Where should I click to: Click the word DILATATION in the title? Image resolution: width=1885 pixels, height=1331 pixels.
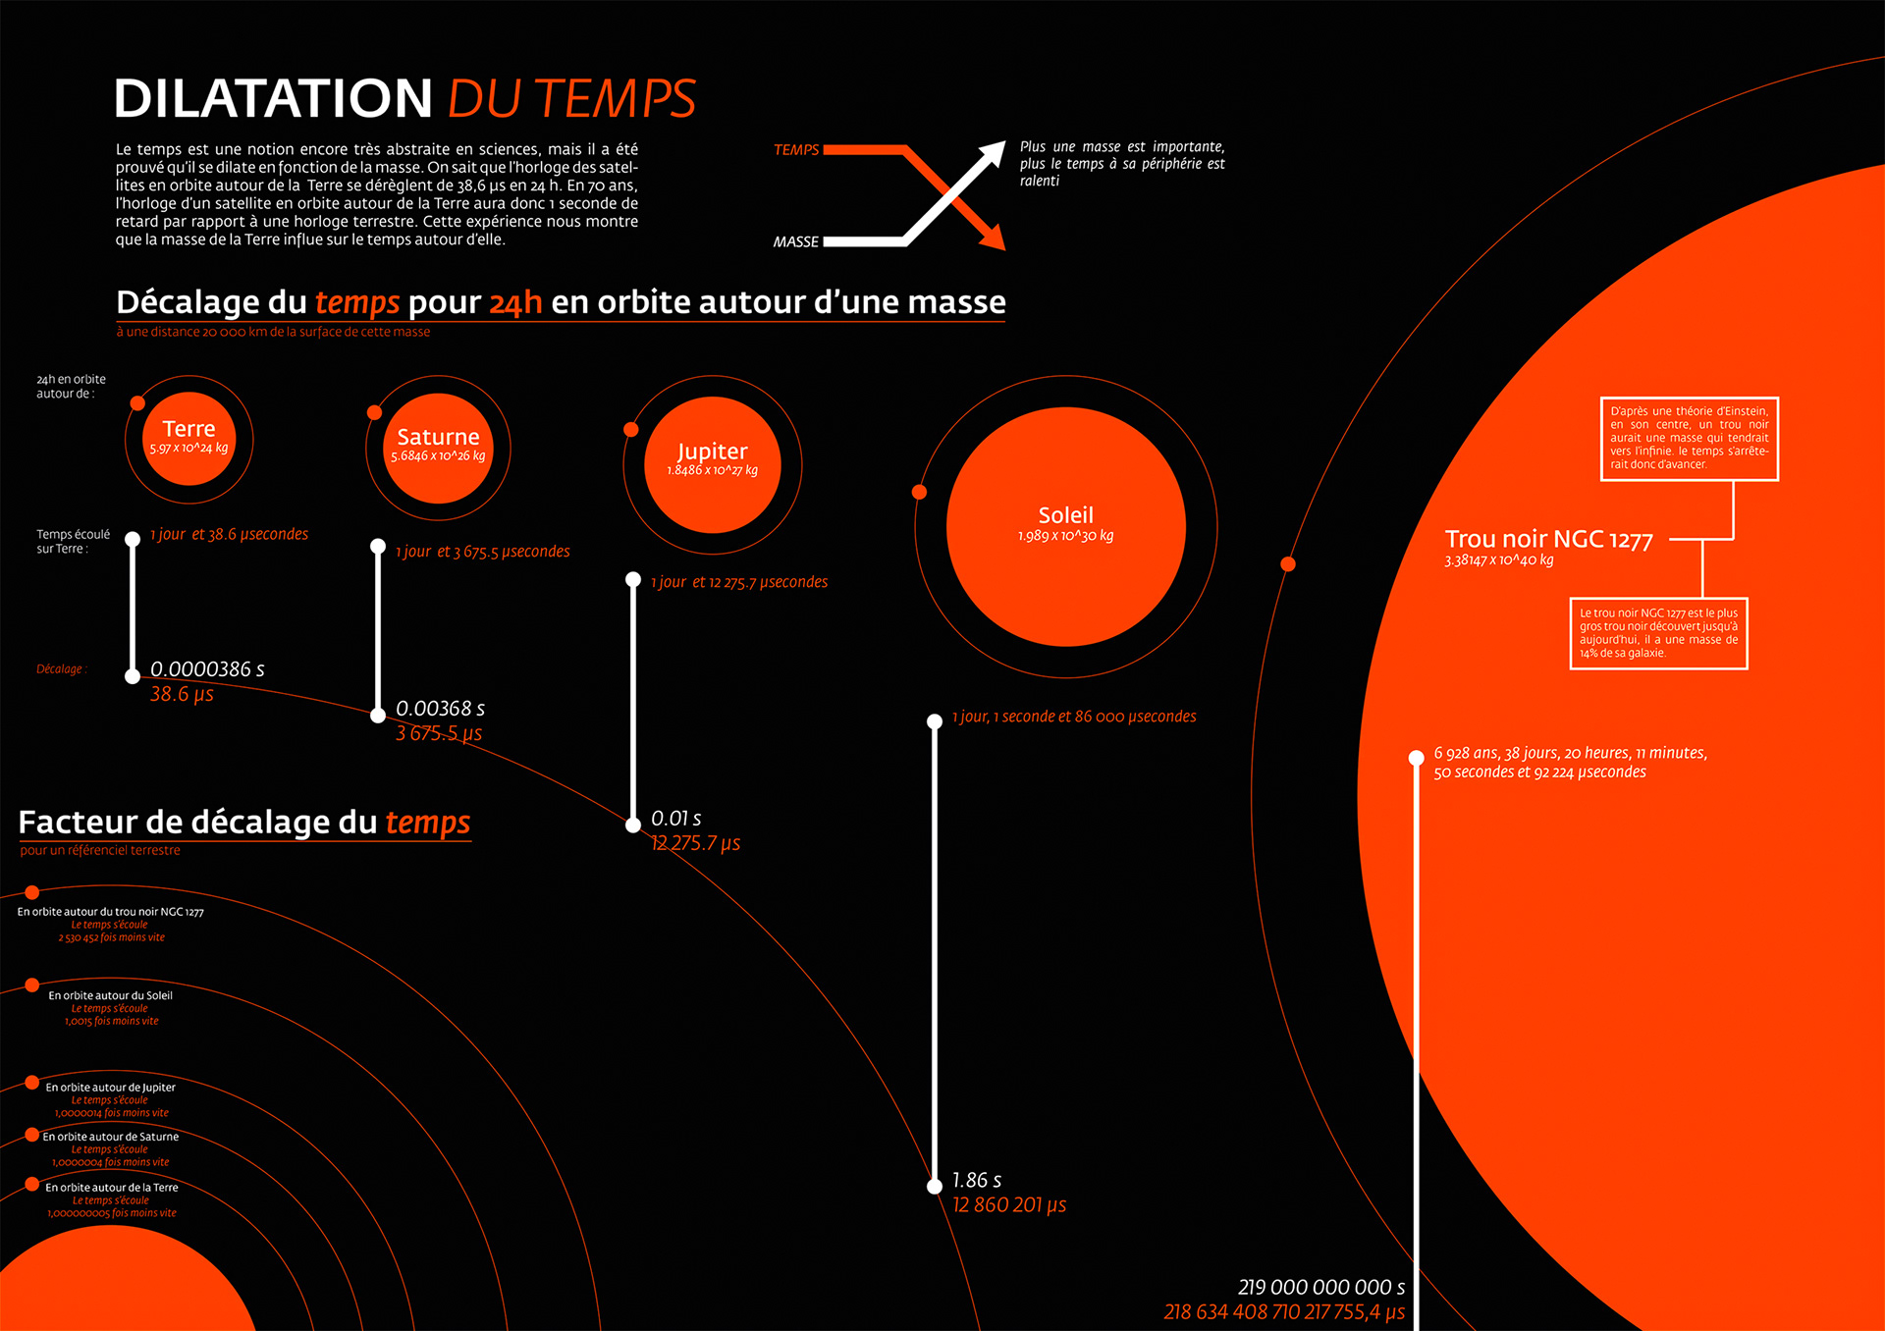click(x=273, y=99)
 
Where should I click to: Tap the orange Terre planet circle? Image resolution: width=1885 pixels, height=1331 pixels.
click(x=189, y=439)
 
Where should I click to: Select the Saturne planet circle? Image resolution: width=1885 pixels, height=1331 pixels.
click(x=438, y=448)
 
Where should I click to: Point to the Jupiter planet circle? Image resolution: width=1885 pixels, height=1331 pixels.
click(x=713, y=463)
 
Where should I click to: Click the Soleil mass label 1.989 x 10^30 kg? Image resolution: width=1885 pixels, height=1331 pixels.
click(x=1065, y=536)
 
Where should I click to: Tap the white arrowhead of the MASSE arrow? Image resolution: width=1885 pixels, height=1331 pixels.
click(x=993, y=153)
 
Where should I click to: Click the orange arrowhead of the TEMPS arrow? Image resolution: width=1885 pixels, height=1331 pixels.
click(x=993, y=238)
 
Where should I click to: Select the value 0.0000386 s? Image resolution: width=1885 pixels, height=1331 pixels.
click(x=207, y=669)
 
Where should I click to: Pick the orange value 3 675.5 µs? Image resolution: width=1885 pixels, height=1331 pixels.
click(x=439, y=733)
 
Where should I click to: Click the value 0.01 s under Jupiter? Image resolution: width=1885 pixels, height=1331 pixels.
click(x=675, y=819)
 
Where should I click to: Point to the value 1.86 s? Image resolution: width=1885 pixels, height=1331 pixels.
click(x=977, y=1180)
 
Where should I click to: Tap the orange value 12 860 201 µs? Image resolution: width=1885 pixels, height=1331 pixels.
click(x=1009, y=1205)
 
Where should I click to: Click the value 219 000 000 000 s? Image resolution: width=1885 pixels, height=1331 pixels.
click(x=1320, y=1287)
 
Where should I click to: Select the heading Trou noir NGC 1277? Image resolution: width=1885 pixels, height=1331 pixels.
click(x=1548, y=539)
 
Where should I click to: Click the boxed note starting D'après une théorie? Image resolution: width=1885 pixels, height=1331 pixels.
click(x=1689, y=438)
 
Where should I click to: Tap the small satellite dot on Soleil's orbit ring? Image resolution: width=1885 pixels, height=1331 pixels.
click(x=919, y=492)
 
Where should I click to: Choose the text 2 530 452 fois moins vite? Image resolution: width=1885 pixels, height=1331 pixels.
click(x=111, y=937)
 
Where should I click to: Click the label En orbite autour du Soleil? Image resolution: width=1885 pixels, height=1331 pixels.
click(x=110, y=995)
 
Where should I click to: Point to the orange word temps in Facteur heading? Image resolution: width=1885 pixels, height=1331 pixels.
click(x=427, y=823)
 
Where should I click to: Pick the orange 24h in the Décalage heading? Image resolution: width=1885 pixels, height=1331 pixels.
click(x=515, y=302)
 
